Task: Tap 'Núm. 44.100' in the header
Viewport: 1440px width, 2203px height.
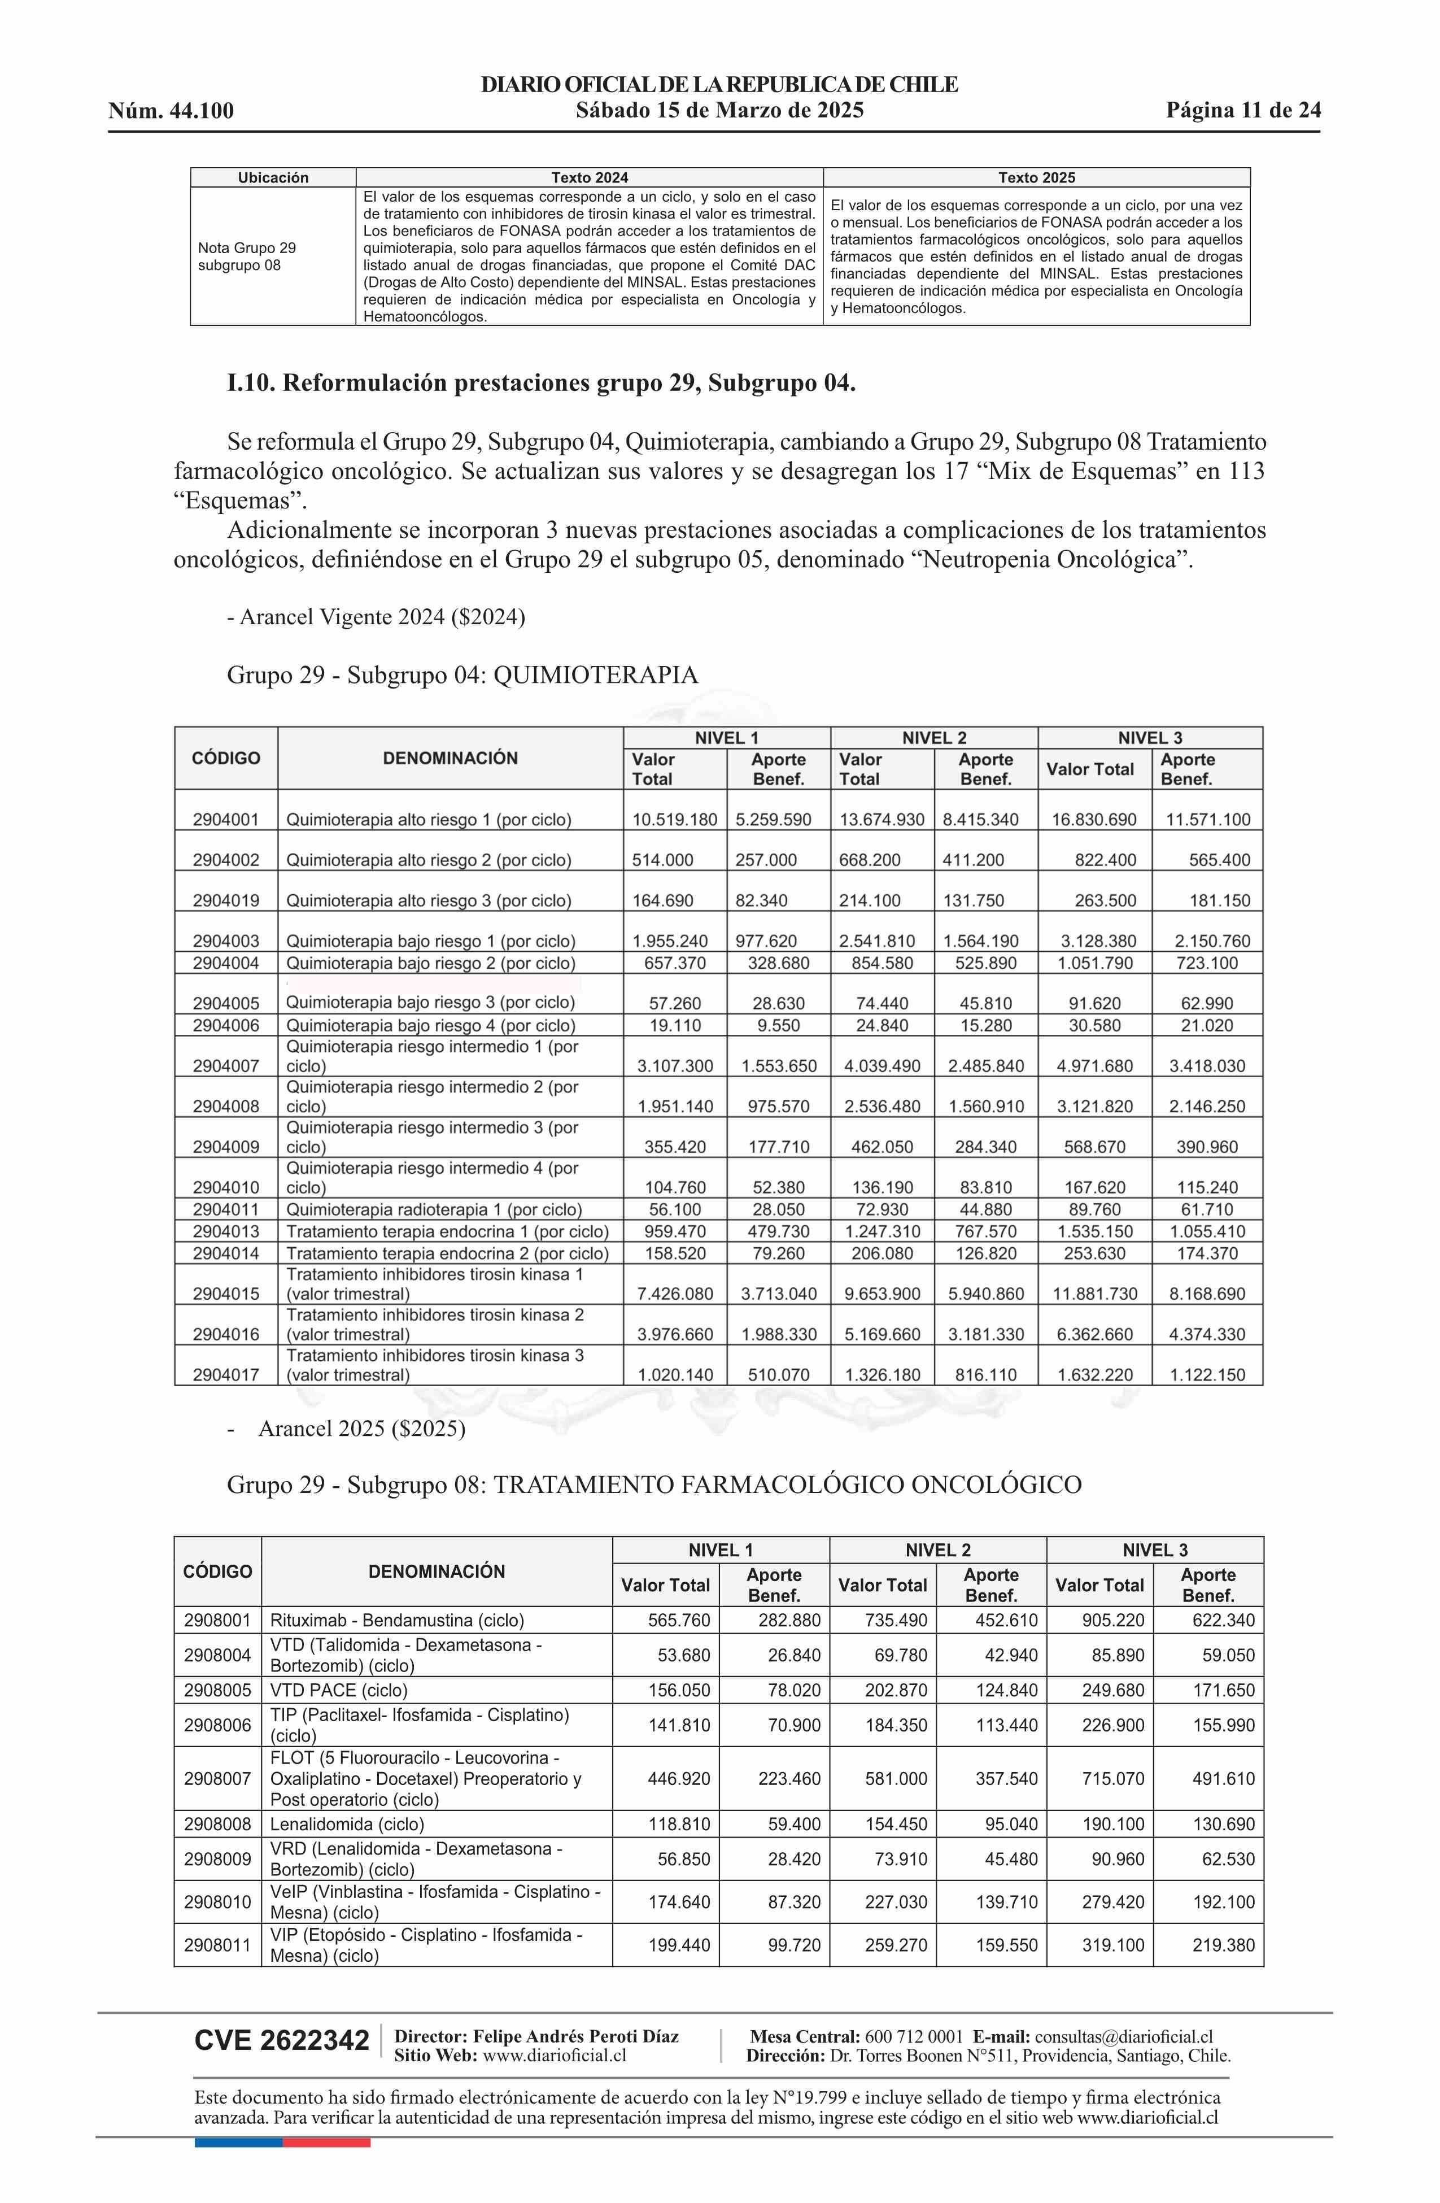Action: pos(171,112)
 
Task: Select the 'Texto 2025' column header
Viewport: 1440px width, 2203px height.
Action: pos(1036,178)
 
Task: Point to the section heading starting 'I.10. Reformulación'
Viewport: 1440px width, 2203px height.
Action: pos(540,383)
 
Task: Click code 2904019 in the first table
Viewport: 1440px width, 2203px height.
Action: pos(226,900)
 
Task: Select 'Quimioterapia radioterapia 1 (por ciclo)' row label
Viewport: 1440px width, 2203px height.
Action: pos(433,1209)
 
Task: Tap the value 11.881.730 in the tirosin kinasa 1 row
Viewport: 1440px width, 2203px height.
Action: pos(1095,1293)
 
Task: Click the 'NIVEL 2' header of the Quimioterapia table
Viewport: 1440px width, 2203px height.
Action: pos(934,738)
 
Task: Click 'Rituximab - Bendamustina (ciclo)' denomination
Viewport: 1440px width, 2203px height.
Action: pos(397,1620)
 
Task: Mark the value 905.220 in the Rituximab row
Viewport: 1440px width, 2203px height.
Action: pos(1112,1620)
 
